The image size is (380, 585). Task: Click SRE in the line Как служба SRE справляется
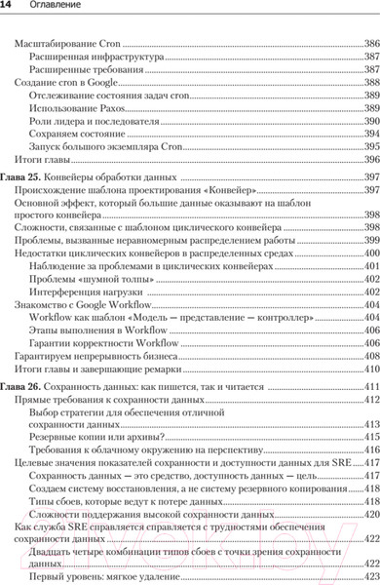81,526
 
